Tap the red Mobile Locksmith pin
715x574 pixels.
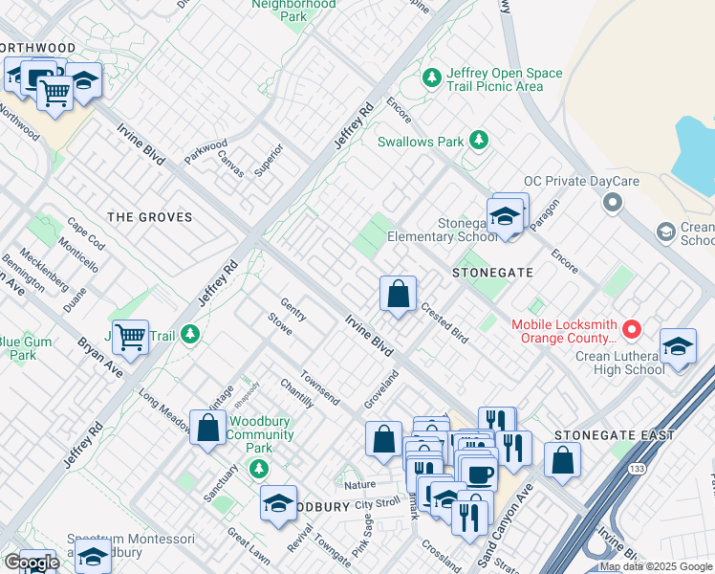pos(631,330)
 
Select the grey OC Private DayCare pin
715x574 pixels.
pos(613,203)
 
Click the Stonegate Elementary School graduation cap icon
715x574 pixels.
pos(504,217)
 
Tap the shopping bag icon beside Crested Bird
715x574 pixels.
pos(398,294)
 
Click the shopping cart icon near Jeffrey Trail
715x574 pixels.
pos(130,336)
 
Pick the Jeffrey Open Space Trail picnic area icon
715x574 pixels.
pos(433,76)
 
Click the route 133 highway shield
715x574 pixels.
pos(636,469)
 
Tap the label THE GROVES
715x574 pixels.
pos(149,217)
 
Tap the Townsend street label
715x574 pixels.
pos(319,387)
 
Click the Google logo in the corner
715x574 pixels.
pos(31,563)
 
